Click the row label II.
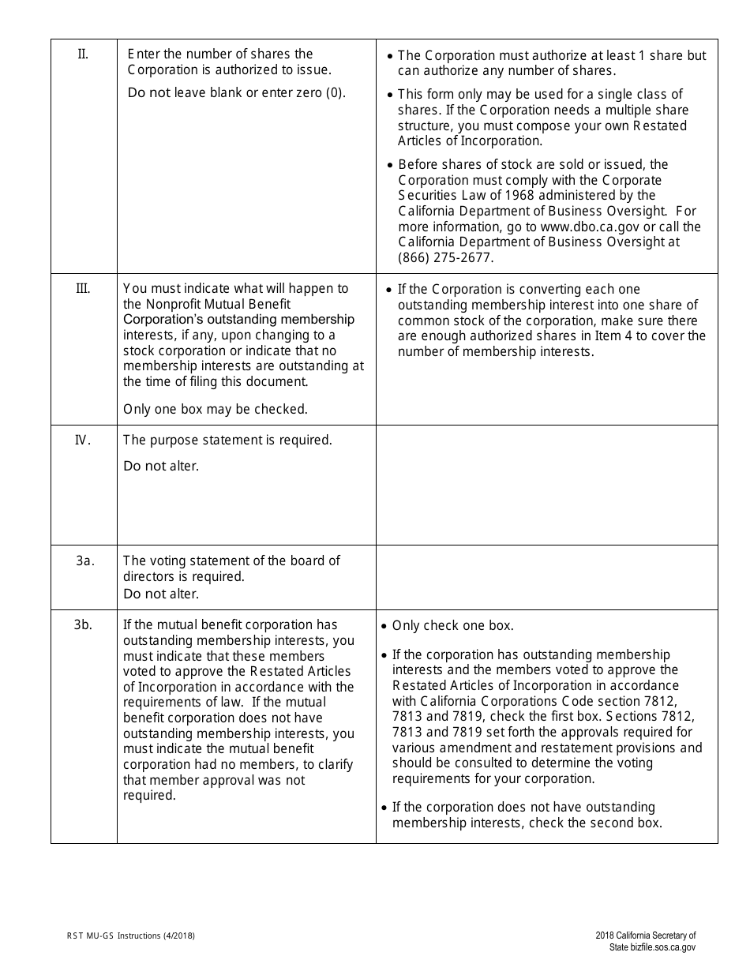(x=83, y=54)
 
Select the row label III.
(x=83, y=288)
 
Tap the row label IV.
(x=83, y=440)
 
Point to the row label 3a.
(x=85, y=560)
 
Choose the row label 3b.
(x=84, y=624)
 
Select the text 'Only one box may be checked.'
(x=216, y=409)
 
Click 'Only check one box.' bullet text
(x=452, y=625)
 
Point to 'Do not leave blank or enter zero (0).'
(x=236, y=92)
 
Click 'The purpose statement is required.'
(x=227, y=440)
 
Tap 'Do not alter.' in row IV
(x=161, y=466)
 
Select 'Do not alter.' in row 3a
(x=161, y=594)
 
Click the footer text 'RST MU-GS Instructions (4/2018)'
(x=131, y=936)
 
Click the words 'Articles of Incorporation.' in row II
(x=470, y=141)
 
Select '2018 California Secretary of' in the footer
(x=646, y=936)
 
